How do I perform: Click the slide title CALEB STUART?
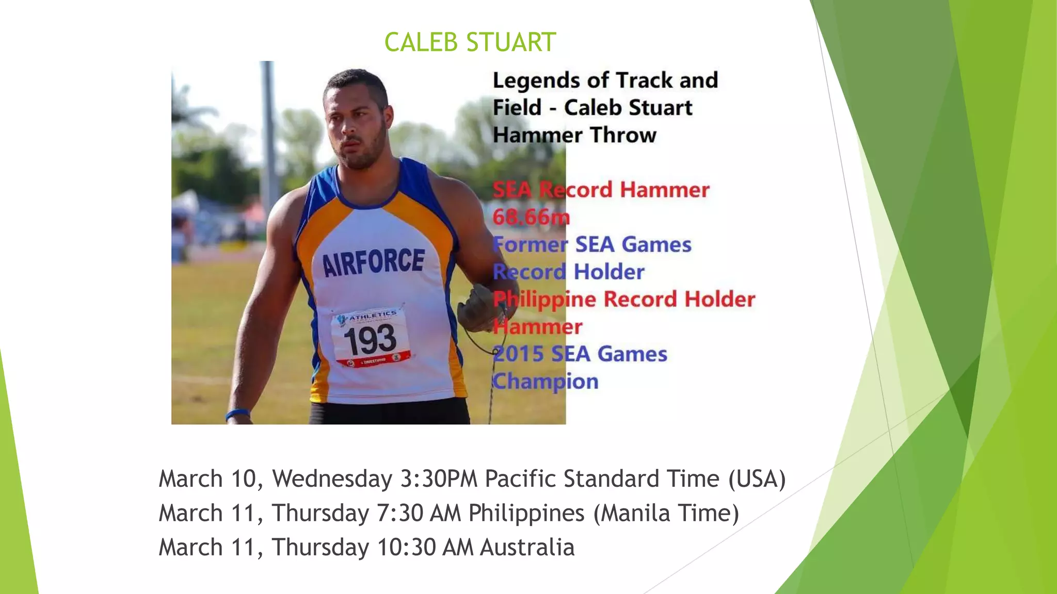[x=470, y=42]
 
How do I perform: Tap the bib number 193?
[x=370, y=340]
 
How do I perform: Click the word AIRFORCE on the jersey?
[x=373, y=261]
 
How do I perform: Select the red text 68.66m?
[x=531, y=217]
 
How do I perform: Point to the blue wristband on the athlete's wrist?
[x=238, y=414]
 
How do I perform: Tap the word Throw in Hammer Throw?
[x=623, y=135]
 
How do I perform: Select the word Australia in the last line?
[x=527, y=547]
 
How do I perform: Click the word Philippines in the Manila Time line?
[x=526, y=514]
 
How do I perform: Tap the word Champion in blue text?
[x=546, y=382]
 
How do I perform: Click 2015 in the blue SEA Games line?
[x=518, y=354]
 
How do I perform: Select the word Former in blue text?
[x=530, y=244]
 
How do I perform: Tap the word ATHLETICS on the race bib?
[x=372, y=315]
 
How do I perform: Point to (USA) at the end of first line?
[x=757, y=478]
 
